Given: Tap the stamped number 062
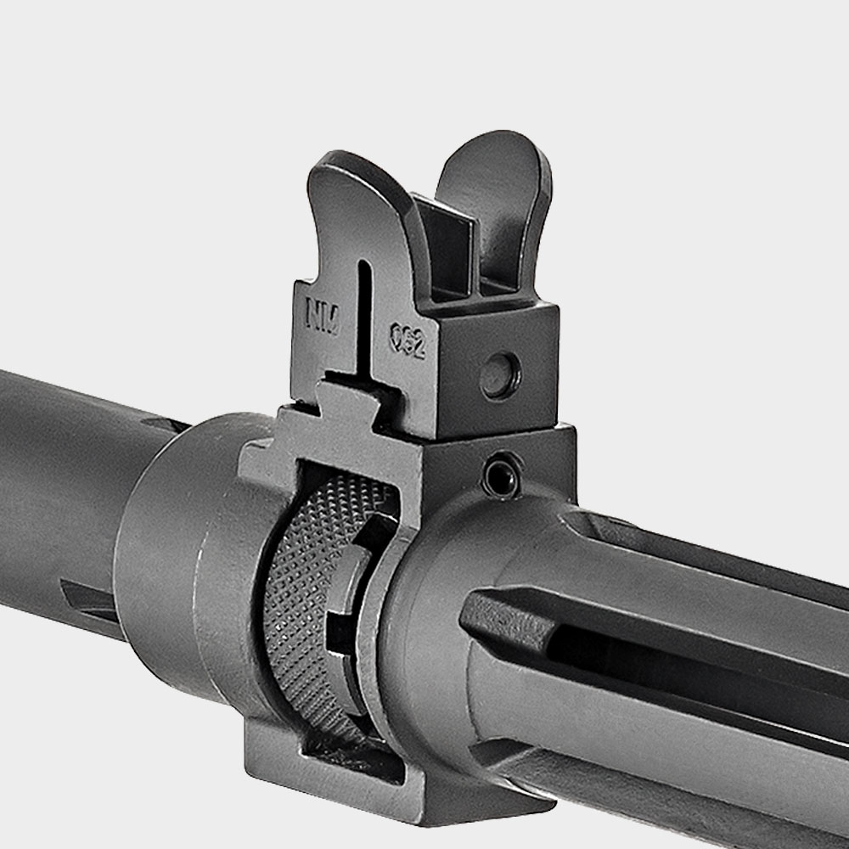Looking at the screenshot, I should click(x=407, y=340).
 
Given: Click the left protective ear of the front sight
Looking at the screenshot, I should click(x=348, y=204).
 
